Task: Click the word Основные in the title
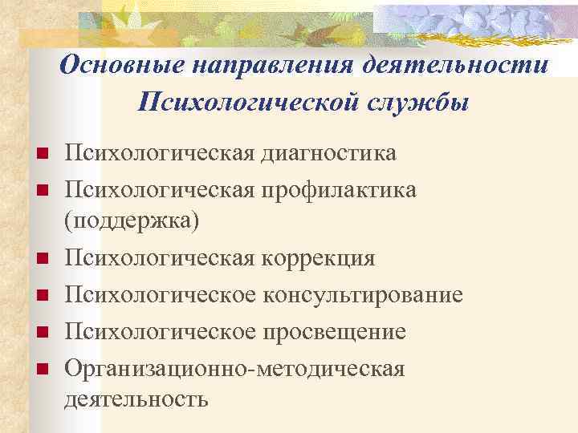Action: tap(108, 65)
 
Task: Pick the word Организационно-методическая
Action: tap(234, 368)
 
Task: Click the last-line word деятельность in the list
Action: tap(136, 399)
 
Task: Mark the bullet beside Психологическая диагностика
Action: tap(43, 154)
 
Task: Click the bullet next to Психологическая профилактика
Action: tap(43, 191)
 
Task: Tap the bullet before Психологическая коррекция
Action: tap(43, 259)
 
